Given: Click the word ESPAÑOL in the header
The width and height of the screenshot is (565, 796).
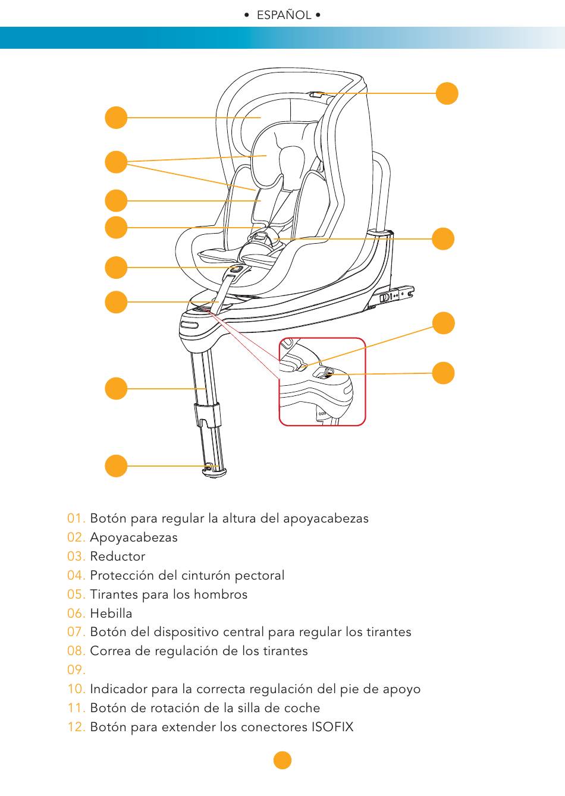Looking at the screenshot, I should [284, 15].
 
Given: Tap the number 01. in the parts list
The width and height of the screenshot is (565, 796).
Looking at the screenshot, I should [76, 518].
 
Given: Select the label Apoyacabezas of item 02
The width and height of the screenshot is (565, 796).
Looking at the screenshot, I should [134, 537].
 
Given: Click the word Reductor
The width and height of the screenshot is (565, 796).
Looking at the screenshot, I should [118, 556].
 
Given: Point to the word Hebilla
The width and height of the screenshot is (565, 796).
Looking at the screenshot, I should [111, 613].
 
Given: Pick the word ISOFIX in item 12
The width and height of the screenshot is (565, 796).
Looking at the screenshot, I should [332, 727].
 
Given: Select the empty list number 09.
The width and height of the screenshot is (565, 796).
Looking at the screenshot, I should [76, 670].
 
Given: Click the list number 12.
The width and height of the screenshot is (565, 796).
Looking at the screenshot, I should [76, 727].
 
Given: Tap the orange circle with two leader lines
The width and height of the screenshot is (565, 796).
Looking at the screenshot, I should [116, 162].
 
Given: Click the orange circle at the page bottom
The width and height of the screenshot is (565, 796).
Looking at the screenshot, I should [282, 760].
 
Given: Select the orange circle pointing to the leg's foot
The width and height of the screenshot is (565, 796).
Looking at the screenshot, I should [116, 465].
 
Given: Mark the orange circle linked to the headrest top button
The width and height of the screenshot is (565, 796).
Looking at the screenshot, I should [447, 93].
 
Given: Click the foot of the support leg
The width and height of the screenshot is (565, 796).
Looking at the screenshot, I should [214, 471].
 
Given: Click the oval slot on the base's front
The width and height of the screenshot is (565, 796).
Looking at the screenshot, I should [190, 325].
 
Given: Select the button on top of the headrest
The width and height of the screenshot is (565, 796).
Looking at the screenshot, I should [316, 94].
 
